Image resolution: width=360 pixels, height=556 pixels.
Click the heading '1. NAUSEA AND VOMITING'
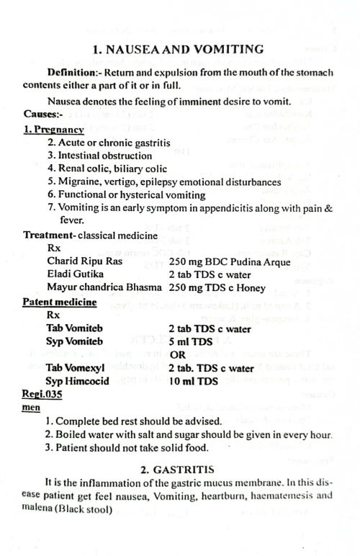179,50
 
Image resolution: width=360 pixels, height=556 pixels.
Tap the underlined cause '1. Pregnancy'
51,130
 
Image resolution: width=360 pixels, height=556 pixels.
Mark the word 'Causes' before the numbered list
40,115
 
